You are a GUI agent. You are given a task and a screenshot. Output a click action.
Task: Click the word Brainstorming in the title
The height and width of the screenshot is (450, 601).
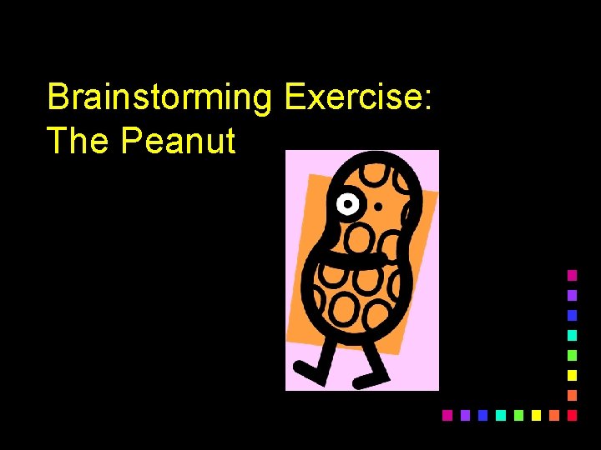click(x=159, y=98)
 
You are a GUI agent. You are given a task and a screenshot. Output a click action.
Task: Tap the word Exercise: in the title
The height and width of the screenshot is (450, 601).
click(x=357, y=97)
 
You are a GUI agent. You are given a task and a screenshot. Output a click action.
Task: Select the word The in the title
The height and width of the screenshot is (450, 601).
click(x=78, y=141)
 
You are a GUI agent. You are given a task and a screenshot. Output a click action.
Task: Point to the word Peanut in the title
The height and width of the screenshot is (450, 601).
click(x=178, y=141)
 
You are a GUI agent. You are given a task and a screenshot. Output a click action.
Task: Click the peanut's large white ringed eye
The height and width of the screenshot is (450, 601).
click(x=347, y=203)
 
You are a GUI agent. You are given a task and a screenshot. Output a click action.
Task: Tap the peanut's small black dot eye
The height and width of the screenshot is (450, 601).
click(x=378, y=205)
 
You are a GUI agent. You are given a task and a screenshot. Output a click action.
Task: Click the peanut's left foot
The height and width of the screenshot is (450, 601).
click(x=302, y=367)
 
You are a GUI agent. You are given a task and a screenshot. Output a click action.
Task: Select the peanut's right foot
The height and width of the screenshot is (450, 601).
click(x=366, y=382)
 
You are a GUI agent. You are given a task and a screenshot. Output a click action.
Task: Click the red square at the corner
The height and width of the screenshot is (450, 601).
click(x=572, y=414)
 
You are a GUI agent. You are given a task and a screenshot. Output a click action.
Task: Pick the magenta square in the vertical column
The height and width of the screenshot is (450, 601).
click(x=572, y=274)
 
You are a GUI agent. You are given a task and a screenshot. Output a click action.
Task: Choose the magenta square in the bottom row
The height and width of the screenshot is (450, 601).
click(x=447, y=414)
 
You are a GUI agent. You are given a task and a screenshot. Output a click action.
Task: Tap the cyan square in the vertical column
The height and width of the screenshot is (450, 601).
click(x=572, y=335)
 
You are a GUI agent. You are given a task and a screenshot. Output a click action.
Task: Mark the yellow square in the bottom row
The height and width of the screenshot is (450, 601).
click(x=536, y=414)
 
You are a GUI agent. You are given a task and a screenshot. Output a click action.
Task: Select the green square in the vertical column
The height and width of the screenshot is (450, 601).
click(x=572, y=355)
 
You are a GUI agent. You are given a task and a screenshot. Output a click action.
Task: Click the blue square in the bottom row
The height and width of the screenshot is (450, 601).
click(x=482, y=414)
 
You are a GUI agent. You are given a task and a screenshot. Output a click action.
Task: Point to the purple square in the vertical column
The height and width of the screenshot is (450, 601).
click(x=572, y=295)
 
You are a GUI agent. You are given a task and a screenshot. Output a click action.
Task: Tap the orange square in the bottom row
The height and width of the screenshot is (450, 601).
click(x=553, y=414)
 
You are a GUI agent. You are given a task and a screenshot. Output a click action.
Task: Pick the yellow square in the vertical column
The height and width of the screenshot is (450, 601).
click(x=572, y=375)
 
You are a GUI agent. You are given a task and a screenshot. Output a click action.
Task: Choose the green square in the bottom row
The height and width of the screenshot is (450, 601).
click(x=518, y=414)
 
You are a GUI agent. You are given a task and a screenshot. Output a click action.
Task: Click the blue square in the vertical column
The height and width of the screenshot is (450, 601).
click(x=572, y=315)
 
